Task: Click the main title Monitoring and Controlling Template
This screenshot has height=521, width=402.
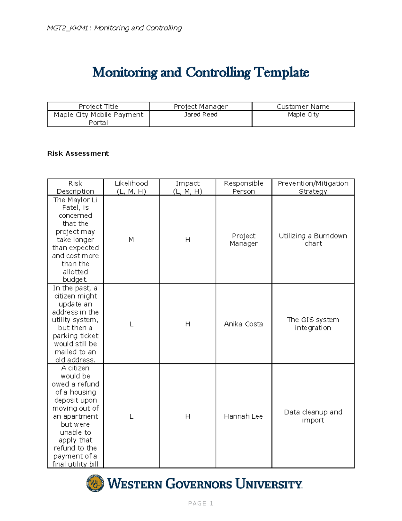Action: [x=200, y=72]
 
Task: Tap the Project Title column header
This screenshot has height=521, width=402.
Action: [x=98, y=106]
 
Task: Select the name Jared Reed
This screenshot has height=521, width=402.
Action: [x=201, y=115]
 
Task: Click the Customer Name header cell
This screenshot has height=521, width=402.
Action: [x=303, y=106]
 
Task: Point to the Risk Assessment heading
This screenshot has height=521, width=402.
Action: [x=78, y=153]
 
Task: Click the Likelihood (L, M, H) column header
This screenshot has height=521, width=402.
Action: [x=131, y=187]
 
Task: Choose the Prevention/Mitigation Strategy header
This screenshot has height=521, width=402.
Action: [x=313, y=187]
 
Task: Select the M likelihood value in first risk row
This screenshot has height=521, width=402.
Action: [x=131, y=240]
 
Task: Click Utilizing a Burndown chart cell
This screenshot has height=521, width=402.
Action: [x=313, y=240]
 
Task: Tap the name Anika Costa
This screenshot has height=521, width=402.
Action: [x=243, y=324]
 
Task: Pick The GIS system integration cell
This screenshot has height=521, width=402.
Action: [x=313, y=324]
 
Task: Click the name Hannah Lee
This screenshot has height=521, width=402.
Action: [x=243, y=416]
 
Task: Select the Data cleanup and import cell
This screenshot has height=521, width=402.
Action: [x=313, y=416]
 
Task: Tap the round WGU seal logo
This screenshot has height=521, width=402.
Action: [x=95, y=483]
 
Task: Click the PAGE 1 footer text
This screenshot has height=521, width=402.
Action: [x=200, y=503]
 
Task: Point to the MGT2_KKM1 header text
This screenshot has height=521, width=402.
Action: [x=114, y=28]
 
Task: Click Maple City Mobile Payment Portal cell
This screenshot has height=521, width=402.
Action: [x=98, y=119]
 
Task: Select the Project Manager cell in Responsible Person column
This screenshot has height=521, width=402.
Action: [x=243, y=240]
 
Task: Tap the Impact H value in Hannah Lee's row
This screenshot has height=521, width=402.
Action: [x=188, y=416]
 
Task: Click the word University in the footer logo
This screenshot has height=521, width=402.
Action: [x=269, y=484]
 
